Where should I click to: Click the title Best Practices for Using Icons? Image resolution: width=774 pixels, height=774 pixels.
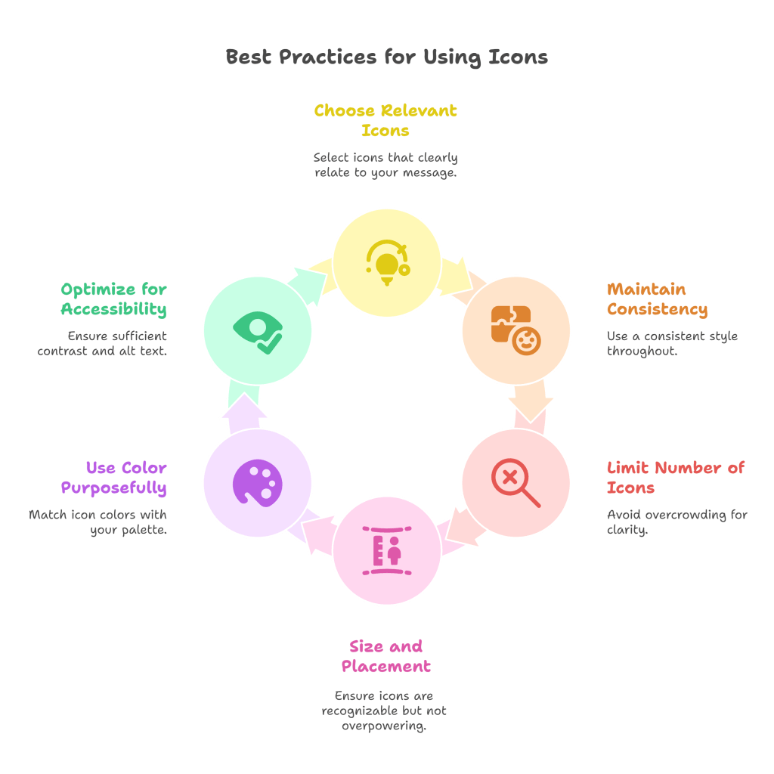(386, 57)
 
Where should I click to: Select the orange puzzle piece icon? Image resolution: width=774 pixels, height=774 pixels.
(515, 330)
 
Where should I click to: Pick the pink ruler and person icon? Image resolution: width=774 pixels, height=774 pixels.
(387, 550)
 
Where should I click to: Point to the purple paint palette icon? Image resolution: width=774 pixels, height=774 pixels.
(257, 483)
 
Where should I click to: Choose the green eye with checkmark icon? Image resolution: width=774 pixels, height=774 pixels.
(258, 330)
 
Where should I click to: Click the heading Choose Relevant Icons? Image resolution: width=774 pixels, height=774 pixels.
(385, 121)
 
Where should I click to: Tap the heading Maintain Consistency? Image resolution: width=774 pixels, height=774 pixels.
(657, 299)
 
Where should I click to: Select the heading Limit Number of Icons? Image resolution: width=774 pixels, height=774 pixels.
(676, 478)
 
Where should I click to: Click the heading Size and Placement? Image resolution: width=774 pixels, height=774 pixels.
(385, 656)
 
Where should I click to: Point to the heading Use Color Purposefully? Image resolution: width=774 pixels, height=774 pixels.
(114, 478)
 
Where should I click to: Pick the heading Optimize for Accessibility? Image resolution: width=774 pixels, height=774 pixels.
(114, 299)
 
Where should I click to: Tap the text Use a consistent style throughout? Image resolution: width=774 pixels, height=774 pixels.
(672, 344)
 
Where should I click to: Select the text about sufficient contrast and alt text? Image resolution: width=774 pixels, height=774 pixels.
(103, 344)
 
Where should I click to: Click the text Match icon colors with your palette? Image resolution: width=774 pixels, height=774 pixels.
(98, 522)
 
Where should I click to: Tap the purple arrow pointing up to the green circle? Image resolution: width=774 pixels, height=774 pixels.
(244, 413)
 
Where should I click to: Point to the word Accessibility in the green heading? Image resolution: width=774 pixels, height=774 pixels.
(114, 309)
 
